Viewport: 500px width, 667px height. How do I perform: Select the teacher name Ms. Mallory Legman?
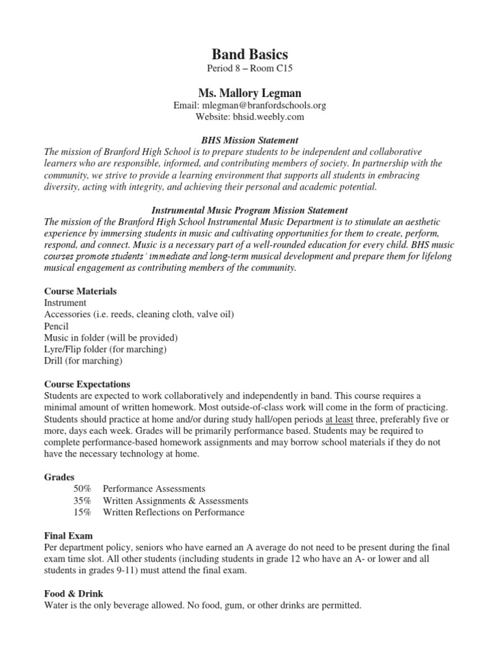coord(250,94)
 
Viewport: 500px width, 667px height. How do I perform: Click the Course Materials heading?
coord(81,291)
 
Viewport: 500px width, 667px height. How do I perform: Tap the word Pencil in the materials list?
coord(57,326)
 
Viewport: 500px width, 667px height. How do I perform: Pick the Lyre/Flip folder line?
coord(105,349)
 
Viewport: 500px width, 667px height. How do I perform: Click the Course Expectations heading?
coord(87,384)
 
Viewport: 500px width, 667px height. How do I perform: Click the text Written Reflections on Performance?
coord(174,512)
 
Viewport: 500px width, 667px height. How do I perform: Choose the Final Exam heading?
coord(68,536)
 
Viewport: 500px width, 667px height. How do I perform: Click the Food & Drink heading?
coord(74,594)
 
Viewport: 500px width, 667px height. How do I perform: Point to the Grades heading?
coord(59,477)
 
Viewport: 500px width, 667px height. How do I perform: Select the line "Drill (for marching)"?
coord(83,360)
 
